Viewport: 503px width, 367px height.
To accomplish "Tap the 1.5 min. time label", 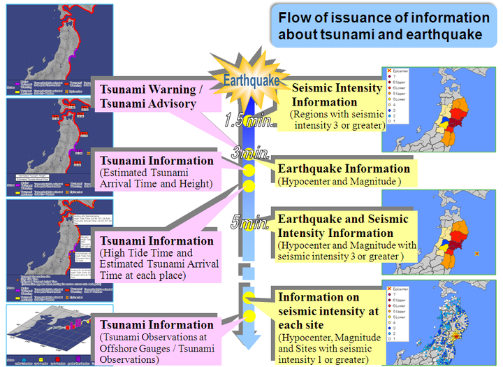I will (x=249, y=120).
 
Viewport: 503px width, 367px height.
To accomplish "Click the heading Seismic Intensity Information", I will (x=337, y=95).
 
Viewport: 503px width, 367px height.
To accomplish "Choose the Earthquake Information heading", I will (x=344, y=168).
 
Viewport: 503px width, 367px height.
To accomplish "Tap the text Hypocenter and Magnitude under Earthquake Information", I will (x=340, y=182).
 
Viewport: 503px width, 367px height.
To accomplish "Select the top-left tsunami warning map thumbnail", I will (x=49, y=48).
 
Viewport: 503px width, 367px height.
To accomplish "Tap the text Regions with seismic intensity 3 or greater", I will (x=338, y=120).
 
